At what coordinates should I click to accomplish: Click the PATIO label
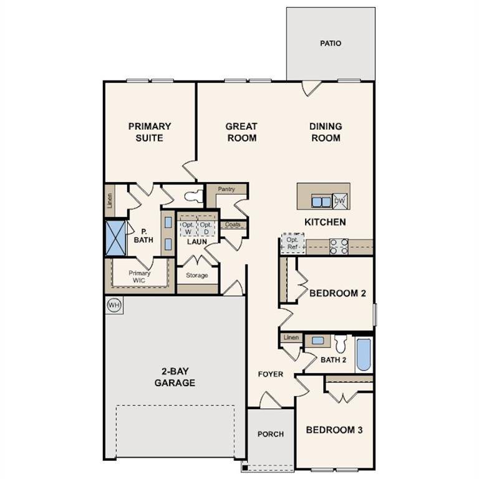point(331,44)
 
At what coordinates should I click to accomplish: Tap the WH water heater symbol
point(114,305)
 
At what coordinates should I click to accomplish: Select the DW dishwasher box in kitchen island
point(339,201)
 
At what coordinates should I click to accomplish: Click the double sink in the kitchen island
point(321,201)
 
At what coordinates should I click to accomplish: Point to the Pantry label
point(226,189)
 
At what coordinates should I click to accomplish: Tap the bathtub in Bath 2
point(364,354)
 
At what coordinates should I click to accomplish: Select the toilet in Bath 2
point(341,344)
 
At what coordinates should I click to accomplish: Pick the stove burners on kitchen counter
point(338,246)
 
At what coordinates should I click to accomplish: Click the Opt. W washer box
point(188,228)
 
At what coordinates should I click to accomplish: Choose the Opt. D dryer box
point(206,228)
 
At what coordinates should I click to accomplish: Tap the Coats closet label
point(233,225)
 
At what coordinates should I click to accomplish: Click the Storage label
point(197,275)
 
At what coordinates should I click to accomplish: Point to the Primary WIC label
point(140,277)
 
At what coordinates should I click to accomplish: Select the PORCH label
point(270,434)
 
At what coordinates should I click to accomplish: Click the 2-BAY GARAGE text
point(175,377)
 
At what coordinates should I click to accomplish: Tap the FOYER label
point(271,374)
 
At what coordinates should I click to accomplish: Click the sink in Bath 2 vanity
point(318,341)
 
